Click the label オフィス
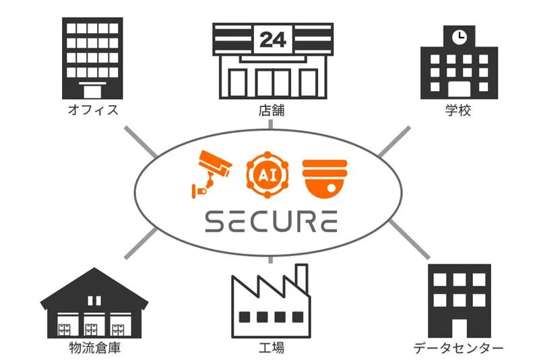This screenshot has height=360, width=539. [93, 110]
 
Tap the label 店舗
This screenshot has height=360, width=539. [272, 110]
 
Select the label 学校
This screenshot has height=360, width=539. [458, 110]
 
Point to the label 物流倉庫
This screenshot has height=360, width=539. [95, 348]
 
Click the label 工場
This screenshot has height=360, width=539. [272, 348]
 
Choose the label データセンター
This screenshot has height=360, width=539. [458, 348]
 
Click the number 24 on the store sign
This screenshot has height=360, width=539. [273, 40]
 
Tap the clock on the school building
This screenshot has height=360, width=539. [459, 37]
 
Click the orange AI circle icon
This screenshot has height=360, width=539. [267, 175]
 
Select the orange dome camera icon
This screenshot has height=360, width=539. [325, 179]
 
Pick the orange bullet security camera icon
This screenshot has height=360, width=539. [211, 175]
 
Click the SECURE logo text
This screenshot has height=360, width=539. [272, 222]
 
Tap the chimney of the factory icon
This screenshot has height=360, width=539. [301, 278]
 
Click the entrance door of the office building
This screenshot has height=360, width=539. [92, 91]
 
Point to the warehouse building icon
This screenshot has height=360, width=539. [94, 303]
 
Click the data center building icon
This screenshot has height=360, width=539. [459, 301]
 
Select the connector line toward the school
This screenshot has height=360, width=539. [395, 142]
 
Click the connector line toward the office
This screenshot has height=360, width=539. [141, 142]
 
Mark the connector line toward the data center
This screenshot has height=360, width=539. [410, 239]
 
